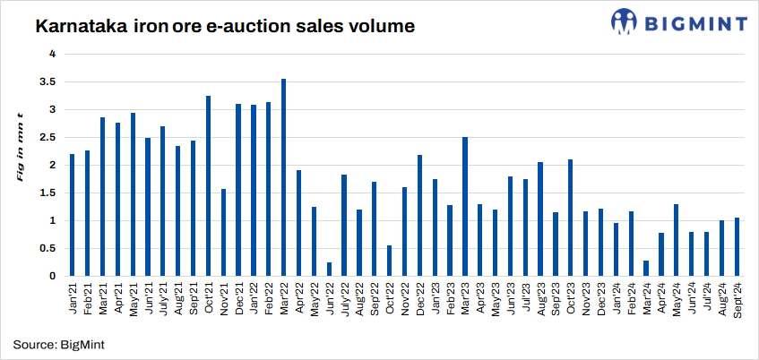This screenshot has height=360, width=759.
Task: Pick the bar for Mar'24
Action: [x=646, y=268]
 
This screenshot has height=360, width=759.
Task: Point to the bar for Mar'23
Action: [x=465, y=206]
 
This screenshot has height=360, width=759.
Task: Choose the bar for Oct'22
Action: [x=390, y=261]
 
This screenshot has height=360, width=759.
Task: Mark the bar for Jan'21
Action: [x=72, y=215]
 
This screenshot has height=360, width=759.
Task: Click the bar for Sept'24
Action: [x=737, y=246]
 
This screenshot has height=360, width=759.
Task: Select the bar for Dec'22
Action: [x=419, y=215]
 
